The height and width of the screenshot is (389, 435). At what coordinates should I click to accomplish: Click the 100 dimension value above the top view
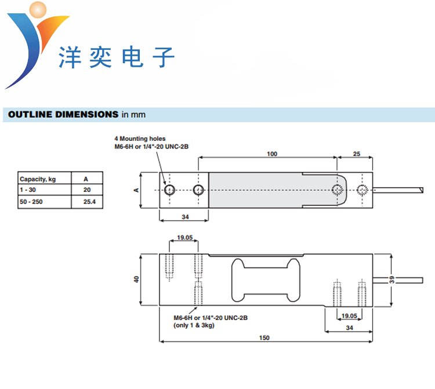coord(272,154)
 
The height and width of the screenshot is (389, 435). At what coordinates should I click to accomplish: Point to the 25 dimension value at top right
coord(357,154)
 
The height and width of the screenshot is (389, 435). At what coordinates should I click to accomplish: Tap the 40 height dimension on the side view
coord(137,279)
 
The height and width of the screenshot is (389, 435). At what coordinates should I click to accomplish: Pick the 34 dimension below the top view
coord(184,217)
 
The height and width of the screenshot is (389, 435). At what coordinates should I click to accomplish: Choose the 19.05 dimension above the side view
coord(184,238)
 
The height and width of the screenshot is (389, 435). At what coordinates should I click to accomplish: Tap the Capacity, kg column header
coord(38,179)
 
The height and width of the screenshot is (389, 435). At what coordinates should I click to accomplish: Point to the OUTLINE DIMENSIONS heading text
coord(63,114)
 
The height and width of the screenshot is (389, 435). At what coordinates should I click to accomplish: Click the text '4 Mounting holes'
coord(140,139)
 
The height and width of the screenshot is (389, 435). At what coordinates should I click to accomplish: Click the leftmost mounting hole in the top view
coord(169,190)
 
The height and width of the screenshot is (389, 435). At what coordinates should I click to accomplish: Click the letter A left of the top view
coord(136,190)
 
